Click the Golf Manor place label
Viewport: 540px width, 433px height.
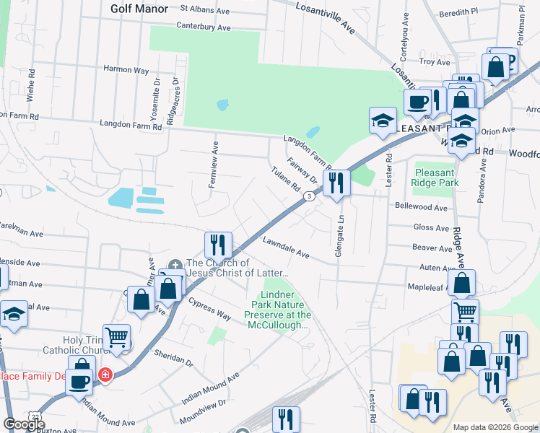click(139, 9)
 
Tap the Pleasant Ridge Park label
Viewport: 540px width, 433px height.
click(435, 178)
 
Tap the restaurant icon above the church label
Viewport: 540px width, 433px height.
click(217, 245)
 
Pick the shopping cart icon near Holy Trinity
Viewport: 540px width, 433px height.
click(117, 336)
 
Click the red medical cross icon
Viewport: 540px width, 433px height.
click(105, 375)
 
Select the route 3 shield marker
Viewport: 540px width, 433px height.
click(309, 196)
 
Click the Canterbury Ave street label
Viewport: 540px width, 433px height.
click(204, 27)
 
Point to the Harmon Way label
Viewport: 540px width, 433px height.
click(126, 71)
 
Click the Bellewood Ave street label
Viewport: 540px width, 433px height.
click(422, 206)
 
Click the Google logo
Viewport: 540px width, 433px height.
click(24, 424)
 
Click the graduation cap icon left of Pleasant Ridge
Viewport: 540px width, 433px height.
click(382, 121)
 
